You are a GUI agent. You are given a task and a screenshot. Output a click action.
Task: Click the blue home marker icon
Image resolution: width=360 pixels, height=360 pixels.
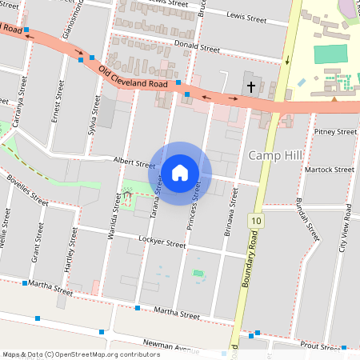coord(180,173)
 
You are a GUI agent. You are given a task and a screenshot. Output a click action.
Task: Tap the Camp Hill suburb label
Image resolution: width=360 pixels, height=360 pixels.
coord(278,154)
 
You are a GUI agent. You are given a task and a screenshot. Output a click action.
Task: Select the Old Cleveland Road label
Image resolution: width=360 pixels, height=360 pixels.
coord(133,78)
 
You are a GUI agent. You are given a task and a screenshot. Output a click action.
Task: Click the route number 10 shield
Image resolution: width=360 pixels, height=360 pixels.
coord(255,220)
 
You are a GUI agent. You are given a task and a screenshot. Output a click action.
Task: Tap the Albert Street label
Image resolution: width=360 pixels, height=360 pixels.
coord(134,162)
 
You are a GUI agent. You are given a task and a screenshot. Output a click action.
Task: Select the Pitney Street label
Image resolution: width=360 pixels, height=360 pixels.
coord(335,131)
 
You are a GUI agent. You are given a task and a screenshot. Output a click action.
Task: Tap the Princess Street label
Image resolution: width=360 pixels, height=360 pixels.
coord(194,206)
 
